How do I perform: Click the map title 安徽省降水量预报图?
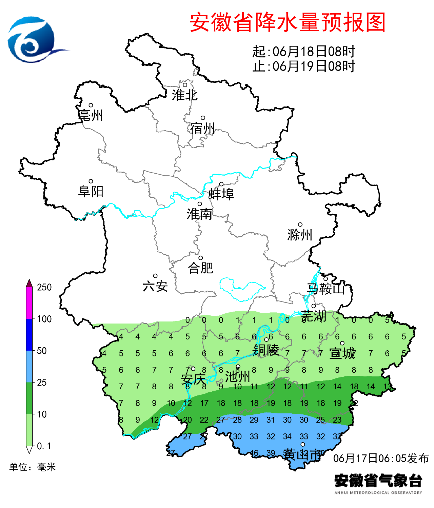[x=288, y=22]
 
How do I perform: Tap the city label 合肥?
[x=200, y=268]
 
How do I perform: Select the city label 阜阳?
[x=91, y=192]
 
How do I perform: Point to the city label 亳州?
[x=91, y=115]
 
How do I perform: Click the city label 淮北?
[x=184, y=95]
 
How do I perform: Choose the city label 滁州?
[x=300, y=235]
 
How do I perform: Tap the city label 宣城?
[x=342, y=353]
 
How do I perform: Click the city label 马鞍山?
[x=325, y=289]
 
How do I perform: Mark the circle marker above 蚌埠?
[x=221, y=184]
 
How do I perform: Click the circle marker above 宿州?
[x=203, y=118]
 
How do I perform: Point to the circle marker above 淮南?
[x=200, y=204]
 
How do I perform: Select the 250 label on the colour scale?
[x=44, y=287]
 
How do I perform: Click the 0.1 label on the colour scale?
[x=44, y=446]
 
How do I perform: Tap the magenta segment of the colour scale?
[x=29, y=303]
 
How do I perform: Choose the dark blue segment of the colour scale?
[x=29, y=334]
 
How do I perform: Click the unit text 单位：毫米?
[x=33, y=467]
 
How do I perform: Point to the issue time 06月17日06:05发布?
[x=381, y=458]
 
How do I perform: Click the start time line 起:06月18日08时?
[x=303, y=52]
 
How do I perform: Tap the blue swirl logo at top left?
[x=34, y=40]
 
